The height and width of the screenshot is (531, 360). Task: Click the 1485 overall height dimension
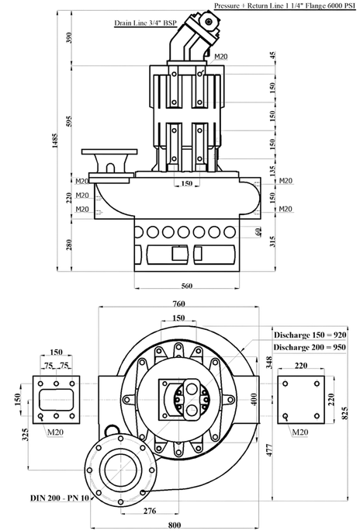click(54, 141)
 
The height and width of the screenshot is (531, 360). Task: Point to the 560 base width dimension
click(187, 286)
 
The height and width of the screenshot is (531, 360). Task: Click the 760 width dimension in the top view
click(178, 304)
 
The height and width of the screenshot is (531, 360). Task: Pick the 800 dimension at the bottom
click(175, 525)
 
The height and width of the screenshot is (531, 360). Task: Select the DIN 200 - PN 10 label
click(60, 498)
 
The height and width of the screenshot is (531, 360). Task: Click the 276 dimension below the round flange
click(150, 512)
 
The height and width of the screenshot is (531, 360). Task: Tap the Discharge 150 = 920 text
click(310, 335)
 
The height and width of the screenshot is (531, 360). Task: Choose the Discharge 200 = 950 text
click(310, 347)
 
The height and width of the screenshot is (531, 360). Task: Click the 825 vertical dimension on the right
click(344, 413)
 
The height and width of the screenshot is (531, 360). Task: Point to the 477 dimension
click(270, 450)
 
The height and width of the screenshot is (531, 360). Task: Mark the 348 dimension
click(269, 363)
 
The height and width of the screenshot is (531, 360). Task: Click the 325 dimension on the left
click(26, 435)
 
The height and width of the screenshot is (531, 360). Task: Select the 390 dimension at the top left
click(69, 37)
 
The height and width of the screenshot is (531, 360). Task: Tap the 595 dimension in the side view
click(69, 121)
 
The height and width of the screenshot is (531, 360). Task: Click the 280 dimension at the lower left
click(69, 245)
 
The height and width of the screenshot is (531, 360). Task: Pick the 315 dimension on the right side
click(273, 241)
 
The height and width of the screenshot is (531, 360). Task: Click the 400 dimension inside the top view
click(254, 399)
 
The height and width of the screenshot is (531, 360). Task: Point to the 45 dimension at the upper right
click(273, 55)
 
